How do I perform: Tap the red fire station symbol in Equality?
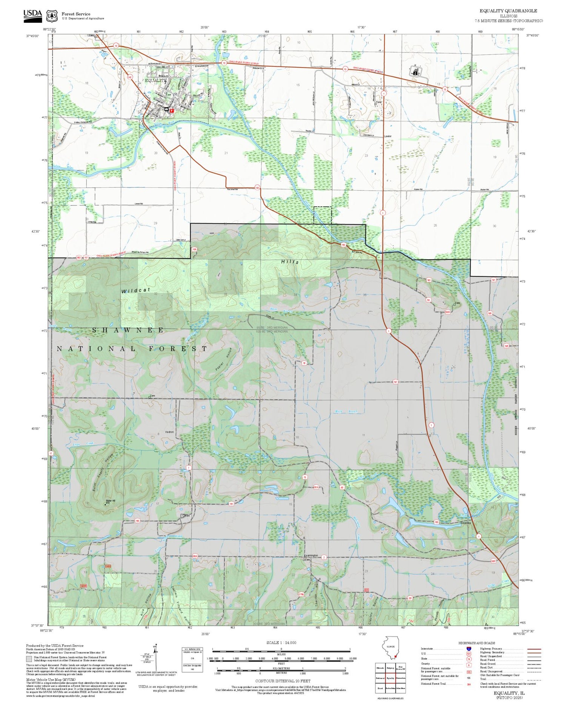[x=172, y=111]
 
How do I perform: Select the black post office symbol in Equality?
[x=166, y=109]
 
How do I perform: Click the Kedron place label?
[x=169, y=432]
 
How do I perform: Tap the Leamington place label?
[x=311, y=555]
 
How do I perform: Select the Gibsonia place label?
[x=466, y=523]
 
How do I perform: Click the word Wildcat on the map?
[x=136, y=290]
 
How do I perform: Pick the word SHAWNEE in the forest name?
[x=128, y=330]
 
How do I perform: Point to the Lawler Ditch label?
[x=429, y=131]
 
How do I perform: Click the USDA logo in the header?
[x=33, y=15]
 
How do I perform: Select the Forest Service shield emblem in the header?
[x=52, y=16]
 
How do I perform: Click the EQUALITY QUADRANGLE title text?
[x=508, y=11]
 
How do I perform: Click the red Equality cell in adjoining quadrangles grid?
[x=391, y=678]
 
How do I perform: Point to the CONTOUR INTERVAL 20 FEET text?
[x=283, y=681]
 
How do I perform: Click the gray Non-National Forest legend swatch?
[x=29, y=659]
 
